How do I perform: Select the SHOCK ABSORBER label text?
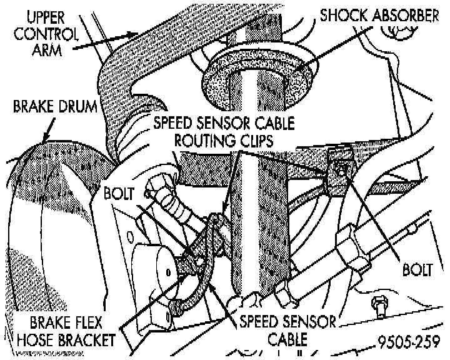click(379, 16)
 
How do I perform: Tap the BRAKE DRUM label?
click(55, 107)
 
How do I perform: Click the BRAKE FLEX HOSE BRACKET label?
click(66, 331)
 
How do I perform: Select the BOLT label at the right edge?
click(417, 270)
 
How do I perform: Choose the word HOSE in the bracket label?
click(41, 341)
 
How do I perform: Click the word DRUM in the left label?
click(78, 107)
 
